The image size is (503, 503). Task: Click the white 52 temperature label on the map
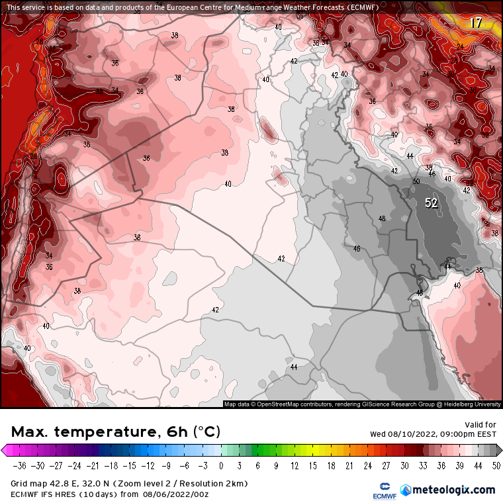(x=431, y=203)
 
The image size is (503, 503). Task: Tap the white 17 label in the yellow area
(x=476, y=23)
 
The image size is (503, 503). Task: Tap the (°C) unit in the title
(x=206, y=432)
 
